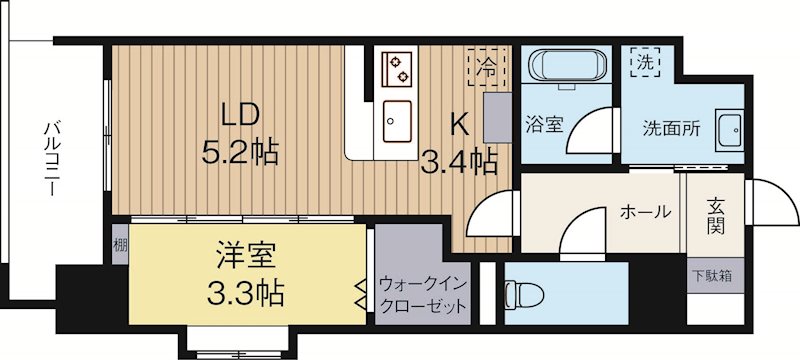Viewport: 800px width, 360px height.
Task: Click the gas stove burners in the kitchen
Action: point(398,68)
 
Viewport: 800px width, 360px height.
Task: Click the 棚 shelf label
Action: point(119,244)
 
